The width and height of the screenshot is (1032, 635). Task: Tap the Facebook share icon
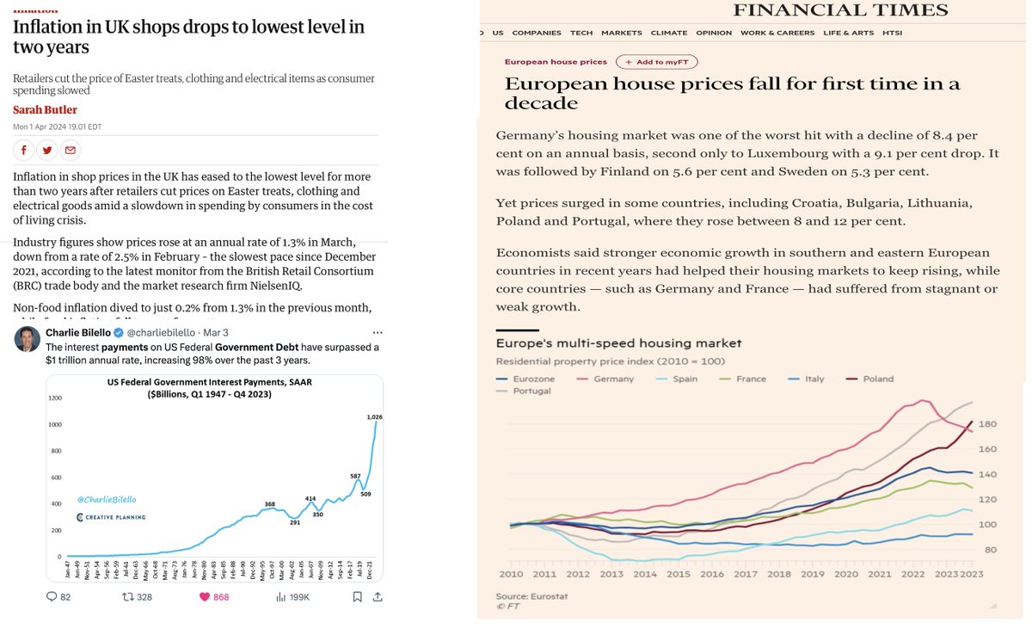[x=23, y=151]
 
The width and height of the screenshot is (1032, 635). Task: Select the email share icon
[x=71, y=151]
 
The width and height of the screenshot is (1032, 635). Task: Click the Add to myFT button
[x=656, y=62]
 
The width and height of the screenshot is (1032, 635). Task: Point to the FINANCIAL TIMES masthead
[x=840, y=11]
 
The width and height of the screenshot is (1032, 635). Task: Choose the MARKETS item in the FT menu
[x=621, y=33]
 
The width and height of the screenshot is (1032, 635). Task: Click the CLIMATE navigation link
[x=668, y=33]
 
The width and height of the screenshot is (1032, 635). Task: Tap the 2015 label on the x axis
[x=679, y=574]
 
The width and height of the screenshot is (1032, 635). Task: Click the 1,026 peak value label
[x=374, y=417]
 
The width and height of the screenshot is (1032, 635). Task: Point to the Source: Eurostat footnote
[x=531, y=596]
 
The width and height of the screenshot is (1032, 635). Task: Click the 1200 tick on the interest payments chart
[x=56, y=398]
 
